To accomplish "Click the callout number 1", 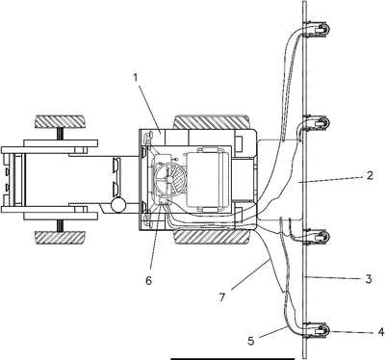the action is click(136, 78).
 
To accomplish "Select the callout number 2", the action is click(370, 175).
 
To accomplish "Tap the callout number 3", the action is click(369, 278).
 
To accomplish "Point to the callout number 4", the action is click(381, 332).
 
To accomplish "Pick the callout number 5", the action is click(251, 341).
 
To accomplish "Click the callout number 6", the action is click(148, 280).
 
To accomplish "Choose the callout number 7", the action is click(222, 297).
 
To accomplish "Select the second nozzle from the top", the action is click(318, 123).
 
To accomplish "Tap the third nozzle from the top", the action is click(318, 237).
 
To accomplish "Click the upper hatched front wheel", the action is click(60, 121).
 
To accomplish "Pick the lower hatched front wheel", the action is click(60, 237).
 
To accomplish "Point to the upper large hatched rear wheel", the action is click(212, 122).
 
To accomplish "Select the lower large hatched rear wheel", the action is click(212, 237).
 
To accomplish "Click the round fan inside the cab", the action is click(169, 179).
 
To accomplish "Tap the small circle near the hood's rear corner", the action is click(117, 205).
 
